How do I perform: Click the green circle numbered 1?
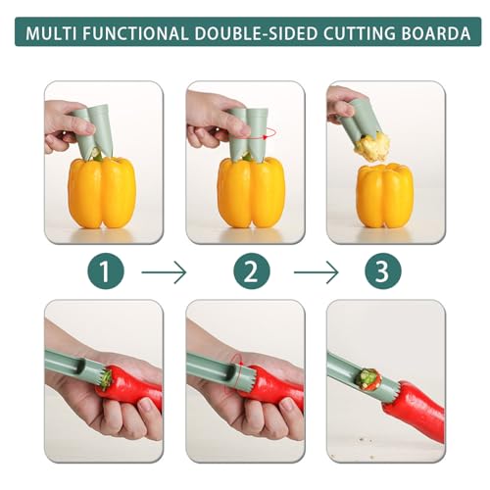pos(104,271)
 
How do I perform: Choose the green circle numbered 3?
pos(383,271)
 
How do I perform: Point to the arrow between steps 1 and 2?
pos(164,271)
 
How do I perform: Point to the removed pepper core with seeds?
pos(373,146)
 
